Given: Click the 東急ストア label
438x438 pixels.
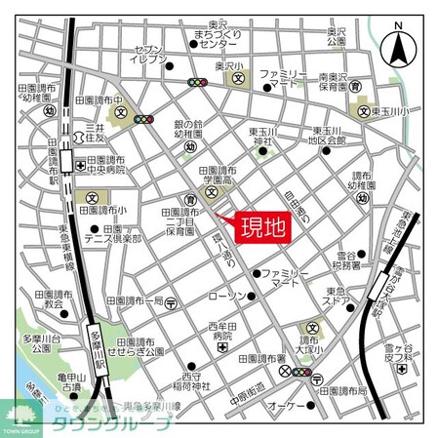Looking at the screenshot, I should (x=342, y=295).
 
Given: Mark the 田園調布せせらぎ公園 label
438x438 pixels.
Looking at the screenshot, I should (x=137, y=347).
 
